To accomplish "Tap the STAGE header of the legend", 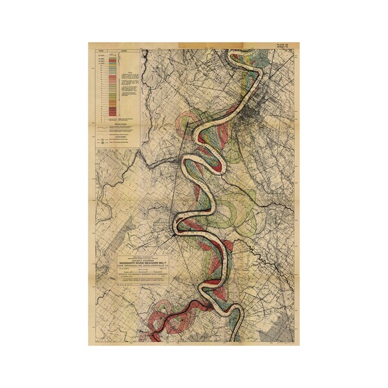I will pos(99,50).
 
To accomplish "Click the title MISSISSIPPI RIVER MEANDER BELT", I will pos(140,264).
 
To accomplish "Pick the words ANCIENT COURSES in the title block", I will pos(140,259).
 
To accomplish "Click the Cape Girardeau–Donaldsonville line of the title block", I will pos(140,268).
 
